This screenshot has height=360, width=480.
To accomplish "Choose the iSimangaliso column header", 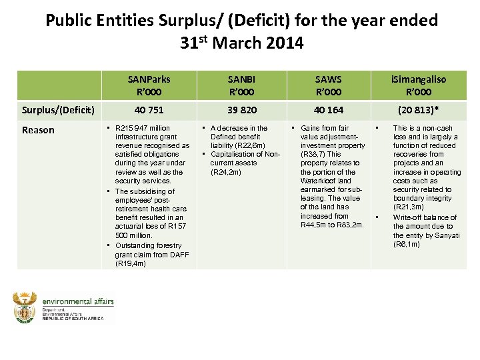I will coord(418,85).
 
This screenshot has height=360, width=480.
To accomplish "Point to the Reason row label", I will coord(38,130).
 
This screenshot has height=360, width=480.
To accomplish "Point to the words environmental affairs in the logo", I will coord(78,301).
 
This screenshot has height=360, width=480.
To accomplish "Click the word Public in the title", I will coord(70,20).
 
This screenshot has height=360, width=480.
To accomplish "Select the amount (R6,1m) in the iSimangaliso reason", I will coord(407,244).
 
